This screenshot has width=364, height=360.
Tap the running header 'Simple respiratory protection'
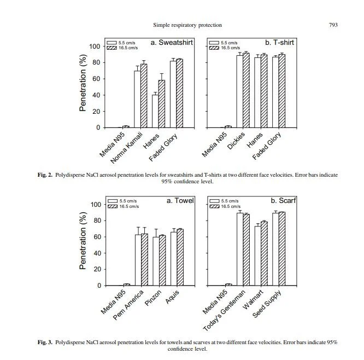click(x=189, y=25)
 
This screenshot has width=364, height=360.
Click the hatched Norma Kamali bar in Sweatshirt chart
click(x=144, y=96)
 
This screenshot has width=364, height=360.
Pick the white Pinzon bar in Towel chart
click(x=156, y=262)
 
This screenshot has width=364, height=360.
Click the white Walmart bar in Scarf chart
click(x=257, y=256)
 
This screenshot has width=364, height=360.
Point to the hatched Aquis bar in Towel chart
click(x=180, y=258)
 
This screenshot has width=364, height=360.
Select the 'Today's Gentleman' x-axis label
click(x=224, y=309)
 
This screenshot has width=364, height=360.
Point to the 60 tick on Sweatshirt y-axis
click(x=97, y=79)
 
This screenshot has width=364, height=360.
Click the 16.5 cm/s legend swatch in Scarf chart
click(x=214, y=206)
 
